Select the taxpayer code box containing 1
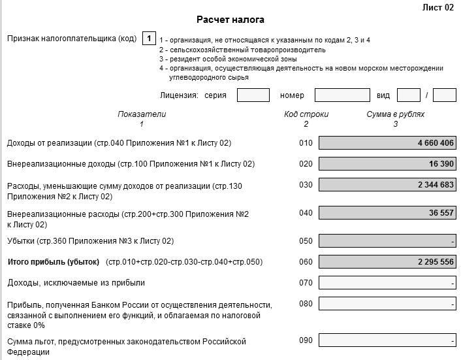click(149, 39)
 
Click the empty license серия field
click(253, 95)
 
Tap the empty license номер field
click(342, 95)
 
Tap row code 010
click(306, 143)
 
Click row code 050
click(306, 240)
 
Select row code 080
click(306, 304)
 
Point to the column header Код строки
click(306, 114)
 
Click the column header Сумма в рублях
click(395, 114)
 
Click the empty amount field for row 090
click(387, 341)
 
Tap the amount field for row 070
click(387, 284)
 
